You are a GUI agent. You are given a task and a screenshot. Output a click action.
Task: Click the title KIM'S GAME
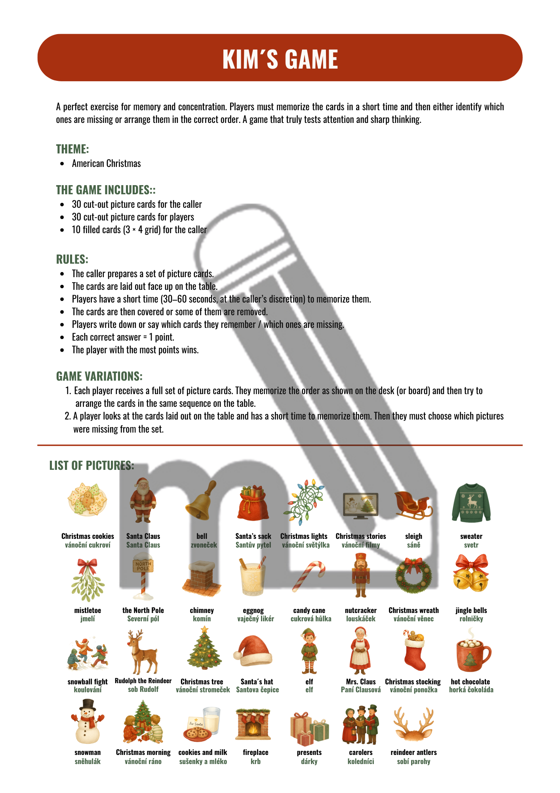point(280,59)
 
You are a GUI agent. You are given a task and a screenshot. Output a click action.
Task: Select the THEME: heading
point(72,149)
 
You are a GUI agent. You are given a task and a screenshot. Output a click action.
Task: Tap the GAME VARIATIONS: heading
point(99,376)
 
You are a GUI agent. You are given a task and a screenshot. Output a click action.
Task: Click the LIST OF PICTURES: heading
point(91,465)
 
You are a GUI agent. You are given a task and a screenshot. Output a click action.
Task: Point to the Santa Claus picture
point(143,500)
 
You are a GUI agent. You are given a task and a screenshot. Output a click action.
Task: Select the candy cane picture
point(309,576)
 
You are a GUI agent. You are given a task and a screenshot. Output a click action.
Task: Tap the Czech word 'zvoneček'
point(204,545)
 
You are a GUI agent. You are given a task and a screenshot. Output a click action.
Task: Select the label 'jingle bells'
point(471,610)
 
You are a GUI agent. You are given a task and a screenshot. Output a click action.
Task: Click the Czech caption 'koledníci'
point(360,761)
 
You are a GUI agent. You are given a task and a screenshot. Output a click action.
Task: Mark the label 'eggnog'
point(253,611)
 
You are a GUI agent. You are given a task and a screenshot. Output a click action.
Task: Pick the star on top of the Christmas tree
point(204,630)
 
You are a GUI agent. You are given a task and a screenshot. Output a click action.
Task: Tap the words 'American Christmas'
point(106,163)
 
